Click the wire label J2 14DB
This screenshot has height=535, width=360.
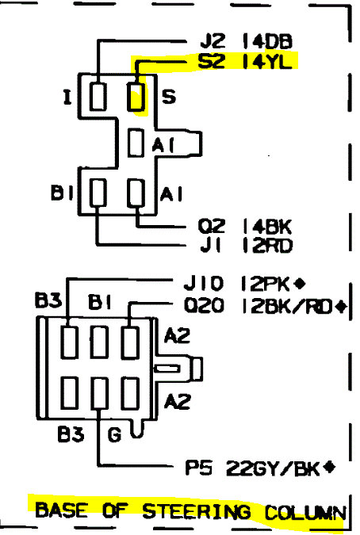pyautogui.click(x=246, y=41)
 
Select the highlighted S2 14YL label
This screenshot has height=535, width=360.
pyautogui.click(x=245, y=61)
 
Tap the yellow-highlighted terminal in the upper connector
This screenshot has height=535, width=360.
pyautogui.click(x=136, y=96)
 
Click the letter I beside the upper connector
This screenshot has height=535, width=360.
pyautogui.click(x=67, y=97)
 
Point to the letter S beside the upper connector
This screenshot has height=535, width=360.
pyautogui.click(x=169, y=96)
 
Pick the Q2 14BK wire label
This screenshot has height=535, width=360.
pyautogui.click(x=245, y=227)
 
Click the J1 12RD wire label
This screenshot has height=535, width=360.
pyautogui.click(x=247, y=246)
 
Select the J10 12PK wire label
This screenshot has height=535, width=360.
pyautogui.click(x=237, y=284)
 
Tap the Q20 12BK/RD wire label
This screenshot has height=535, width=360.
pyautogui.click(x=259, y=306)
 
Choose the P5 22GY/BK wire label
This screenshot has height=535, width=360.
pyautogui.click(x=253, y=468)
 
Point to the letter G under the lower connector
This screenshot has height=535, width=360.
pyautogui.click(x=114, y=434)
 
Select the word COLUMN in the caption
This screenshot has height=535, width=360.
pyautogui.click(x=305, y=513)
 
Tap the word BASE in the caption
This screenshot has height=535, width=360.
pyautogui.click(x=61, y=510)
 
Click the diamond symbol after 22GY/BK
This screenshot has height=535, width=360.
pyautogui.click(x=329, y=467)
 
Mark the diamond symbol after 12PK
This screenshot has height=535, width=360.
pyautogui.click(x=299, y=283)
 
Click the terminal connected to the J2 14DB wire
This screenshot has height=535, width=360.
pyautogui.click(x=98, y=96)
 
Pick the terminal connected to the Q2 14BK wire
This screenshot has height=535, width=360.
pyautogui.click(x=136, y=193)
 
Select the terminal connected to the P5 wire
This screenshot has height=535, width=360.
pyautogui.click(x=100, y=393)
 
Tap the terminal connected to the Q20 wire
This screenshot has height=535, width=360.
pyautogui.click(x=130, y=342)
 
